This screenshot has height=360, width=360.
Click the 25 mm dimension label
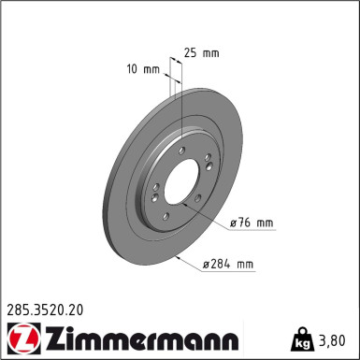[202, 52]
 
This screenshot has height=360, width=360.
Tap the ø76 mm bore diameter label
[251, 223]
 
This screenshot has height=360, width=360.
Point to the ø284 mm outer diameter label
[228, 265]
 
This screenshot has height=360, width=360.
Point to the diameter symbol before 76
[233, 223]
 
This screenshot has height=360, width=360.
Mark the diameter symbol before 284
[206, 265]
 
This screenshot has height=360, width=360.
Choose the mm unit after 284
[244, 265]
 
